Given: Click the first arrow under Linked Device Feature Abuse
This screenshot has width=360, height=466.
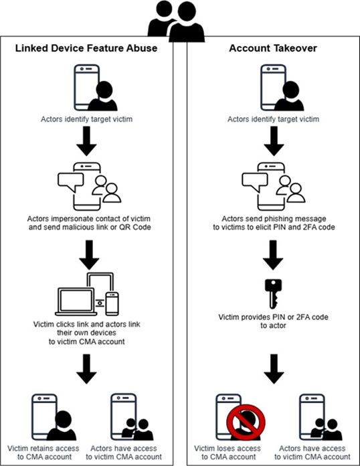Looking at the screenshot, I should [90, 139].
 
